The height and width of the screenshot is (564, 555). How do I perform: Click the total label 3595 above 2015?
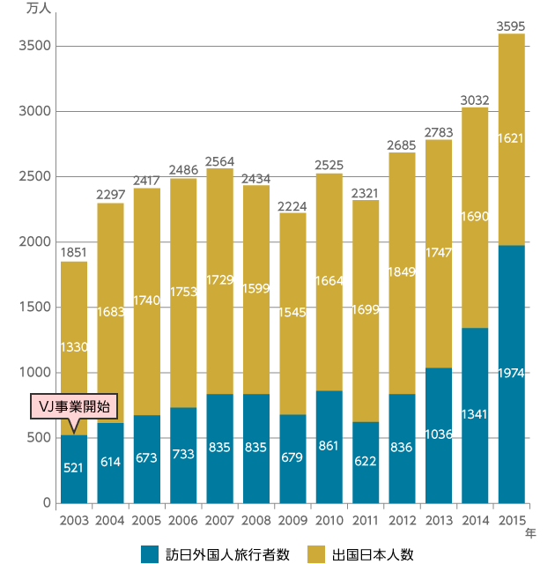[511, 26]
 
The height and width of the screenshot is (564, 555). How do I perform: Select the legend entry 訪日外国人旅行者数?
[217, 553]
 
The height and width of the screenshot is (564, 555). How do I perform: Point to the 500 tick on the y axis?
[33, 438]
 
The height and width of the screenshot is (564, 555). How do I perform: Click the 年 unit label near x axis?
[530, 532]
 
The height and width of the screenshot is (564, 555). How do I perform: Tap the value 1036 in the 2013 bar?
[438, 434]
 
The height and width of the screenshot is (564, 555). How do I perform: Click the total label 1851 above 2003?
[74, 253]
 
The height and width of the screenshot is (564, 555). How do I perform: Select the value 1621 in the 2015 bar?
[511, 137]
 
